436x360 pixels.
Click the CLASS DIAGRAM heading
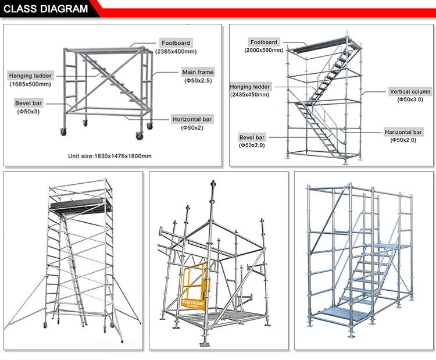point(47,9)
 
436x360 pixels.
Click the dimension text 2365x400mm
point(175,51)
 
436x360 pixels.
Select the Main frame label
point(198,72)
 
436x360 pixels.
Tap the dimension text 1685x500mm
point(30,84)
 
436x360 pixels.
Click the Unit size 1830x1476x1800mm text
point(110,156)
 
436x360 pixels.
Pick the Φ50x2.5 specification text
point(198,81)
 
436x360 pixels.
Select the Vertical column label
point(410,91)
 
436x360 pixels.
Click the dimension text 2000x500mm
point(264,51)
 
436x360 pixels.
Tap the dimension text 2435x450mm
point(250,94)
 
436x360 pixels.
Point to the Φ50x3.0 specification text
point(409,100)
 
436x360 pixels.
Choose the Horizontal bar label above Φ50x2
point(192,119)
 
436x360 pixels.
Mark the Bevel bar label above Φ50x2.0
point(252,137)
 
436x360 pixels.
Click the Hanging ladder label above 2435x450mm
point(250,86)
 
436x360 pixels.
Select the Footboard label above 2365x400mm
point(175,43)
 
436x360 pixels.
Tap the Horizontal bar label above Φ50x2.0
point(403,132)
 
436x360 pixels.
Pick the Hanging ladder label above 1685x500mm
point(30,76)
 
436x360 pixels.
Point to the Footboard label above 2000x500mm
point(264,42)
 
